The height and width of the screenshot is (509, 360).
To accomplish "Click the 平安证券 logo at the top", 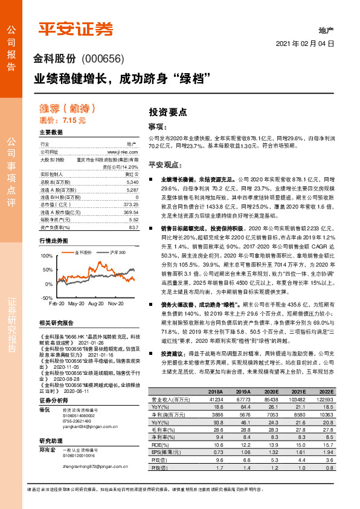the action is point(76,28).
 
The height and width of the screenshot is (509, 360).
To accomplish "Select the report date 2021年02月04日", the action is point(305,44).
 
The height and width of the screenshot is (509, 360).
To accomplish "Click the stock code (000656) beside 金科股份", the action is point(102,59).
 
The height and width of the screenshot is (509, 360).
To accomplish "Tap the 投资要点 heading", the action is point(168,112).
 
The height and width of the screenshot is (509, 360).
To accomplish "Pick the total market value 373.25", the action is point(131,205).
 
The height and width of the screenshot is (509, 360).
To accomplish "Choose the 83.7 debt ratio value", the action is point(133,227).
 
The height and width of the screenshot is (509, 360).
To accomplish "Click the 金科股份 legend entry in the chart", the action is point(83,251).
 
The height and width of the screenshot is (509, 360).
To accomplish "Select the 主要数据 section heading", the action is point(51,132).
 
